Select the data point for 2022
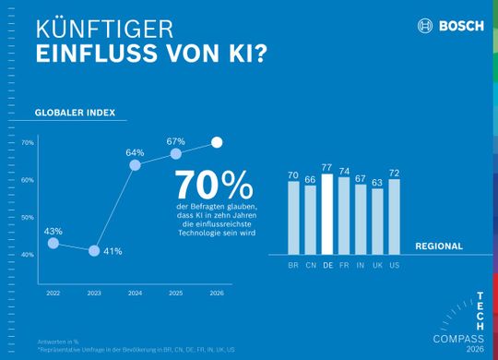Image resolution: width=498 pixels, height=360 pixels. (53, 243)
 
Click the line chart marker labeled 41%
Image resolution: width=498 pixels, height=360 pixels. (94, 250)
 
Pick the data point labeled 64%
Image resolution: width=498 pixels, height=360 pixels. (135, 164)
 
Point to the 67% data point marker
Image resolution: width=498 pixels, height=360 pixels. (175, 153)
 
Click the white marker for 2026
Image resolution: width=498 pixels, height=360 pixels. (217, 142)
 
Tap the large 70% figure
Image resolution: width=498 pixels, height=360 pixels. (214, 182)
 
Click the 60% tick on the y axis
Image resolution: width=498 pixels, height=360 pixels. (27, 180)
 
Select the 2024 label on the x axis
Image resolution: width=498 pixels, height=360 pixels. (135, 291)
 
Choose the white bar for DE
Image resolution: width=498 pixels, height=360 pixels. (327, 213)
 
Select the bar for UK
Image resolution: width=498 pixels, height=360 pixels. (377, 221)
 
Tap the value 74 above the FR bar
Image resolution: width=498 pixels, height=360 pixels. (344, 171)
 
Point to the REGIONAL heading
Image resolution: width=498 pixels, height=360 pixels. (439, 246)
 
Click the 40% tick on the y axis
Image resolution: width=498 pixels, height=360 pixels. (27, 254)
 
